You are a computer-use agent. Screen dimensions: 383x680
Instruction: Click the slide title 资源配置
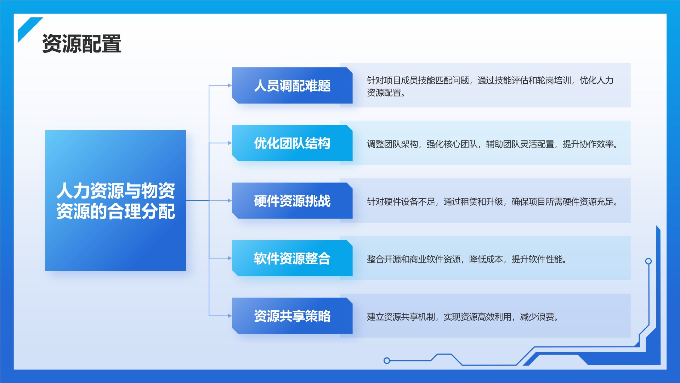point(82,44)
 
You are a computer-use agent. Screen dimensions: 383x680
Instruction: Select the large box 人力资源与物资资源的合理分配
point(115,200)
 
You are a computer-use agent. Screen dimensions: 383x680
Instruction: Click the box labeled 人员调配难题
point(292,85)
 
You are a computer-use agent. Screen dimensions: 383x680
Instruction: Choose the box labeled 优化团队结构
point(292,143)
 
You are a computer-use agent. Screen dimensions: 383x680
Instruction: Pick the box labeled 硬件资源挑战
point(292,201)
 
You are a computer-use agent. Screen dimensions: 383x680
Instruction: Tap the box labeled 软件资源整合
point(292,258)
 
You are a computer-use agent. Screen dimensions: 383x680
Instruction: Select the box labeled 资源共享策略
point(292,316)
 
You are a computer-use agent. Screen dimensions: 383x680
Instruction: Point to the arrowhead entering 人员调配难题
point(230,85)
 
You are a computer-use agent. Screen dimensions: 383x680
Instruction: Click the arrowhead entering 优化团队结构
point(230,143)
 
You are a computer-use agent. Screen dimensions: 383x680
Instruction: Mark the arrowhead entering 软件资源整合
point(230,258)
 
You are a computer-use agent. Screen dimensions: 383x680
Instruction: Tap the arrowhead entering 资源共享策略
point(230,316)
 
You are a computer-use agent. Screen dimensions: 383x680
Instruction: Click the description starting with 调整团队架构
point(492,144)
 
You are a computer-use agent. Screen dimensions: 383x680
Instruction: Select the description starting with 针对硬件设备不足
point(492,202)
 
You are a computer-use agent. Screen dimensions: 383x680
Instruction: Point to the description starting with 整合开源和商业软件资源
point(467,259)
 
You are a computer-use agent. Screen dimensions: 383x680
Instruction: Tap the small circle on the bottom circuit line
point(387,361)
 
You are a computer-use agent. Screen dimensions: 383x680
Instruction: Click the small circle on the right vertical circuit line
point(648,261)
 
